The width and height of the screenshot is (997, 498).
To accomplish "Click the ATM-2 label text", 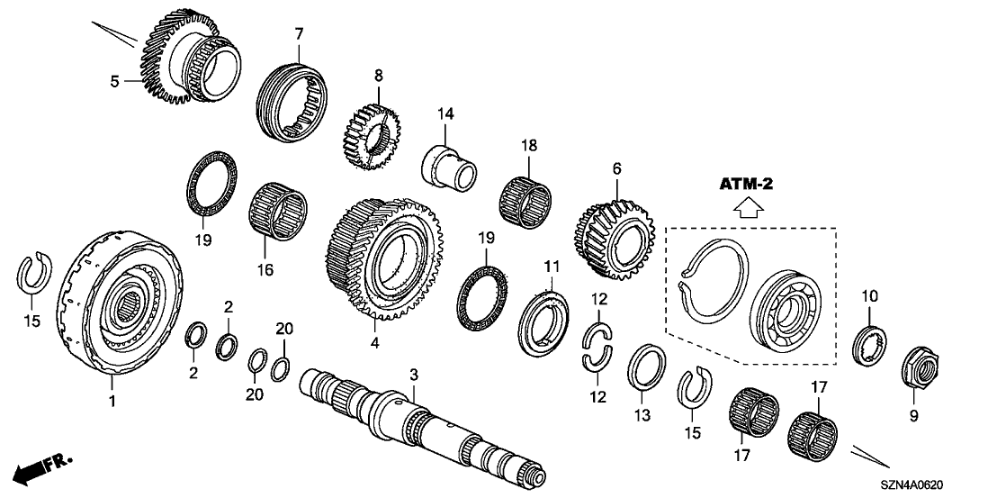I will (746, 184).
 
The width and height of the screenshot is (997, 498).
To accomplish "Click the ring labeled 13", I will (646, 362).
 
